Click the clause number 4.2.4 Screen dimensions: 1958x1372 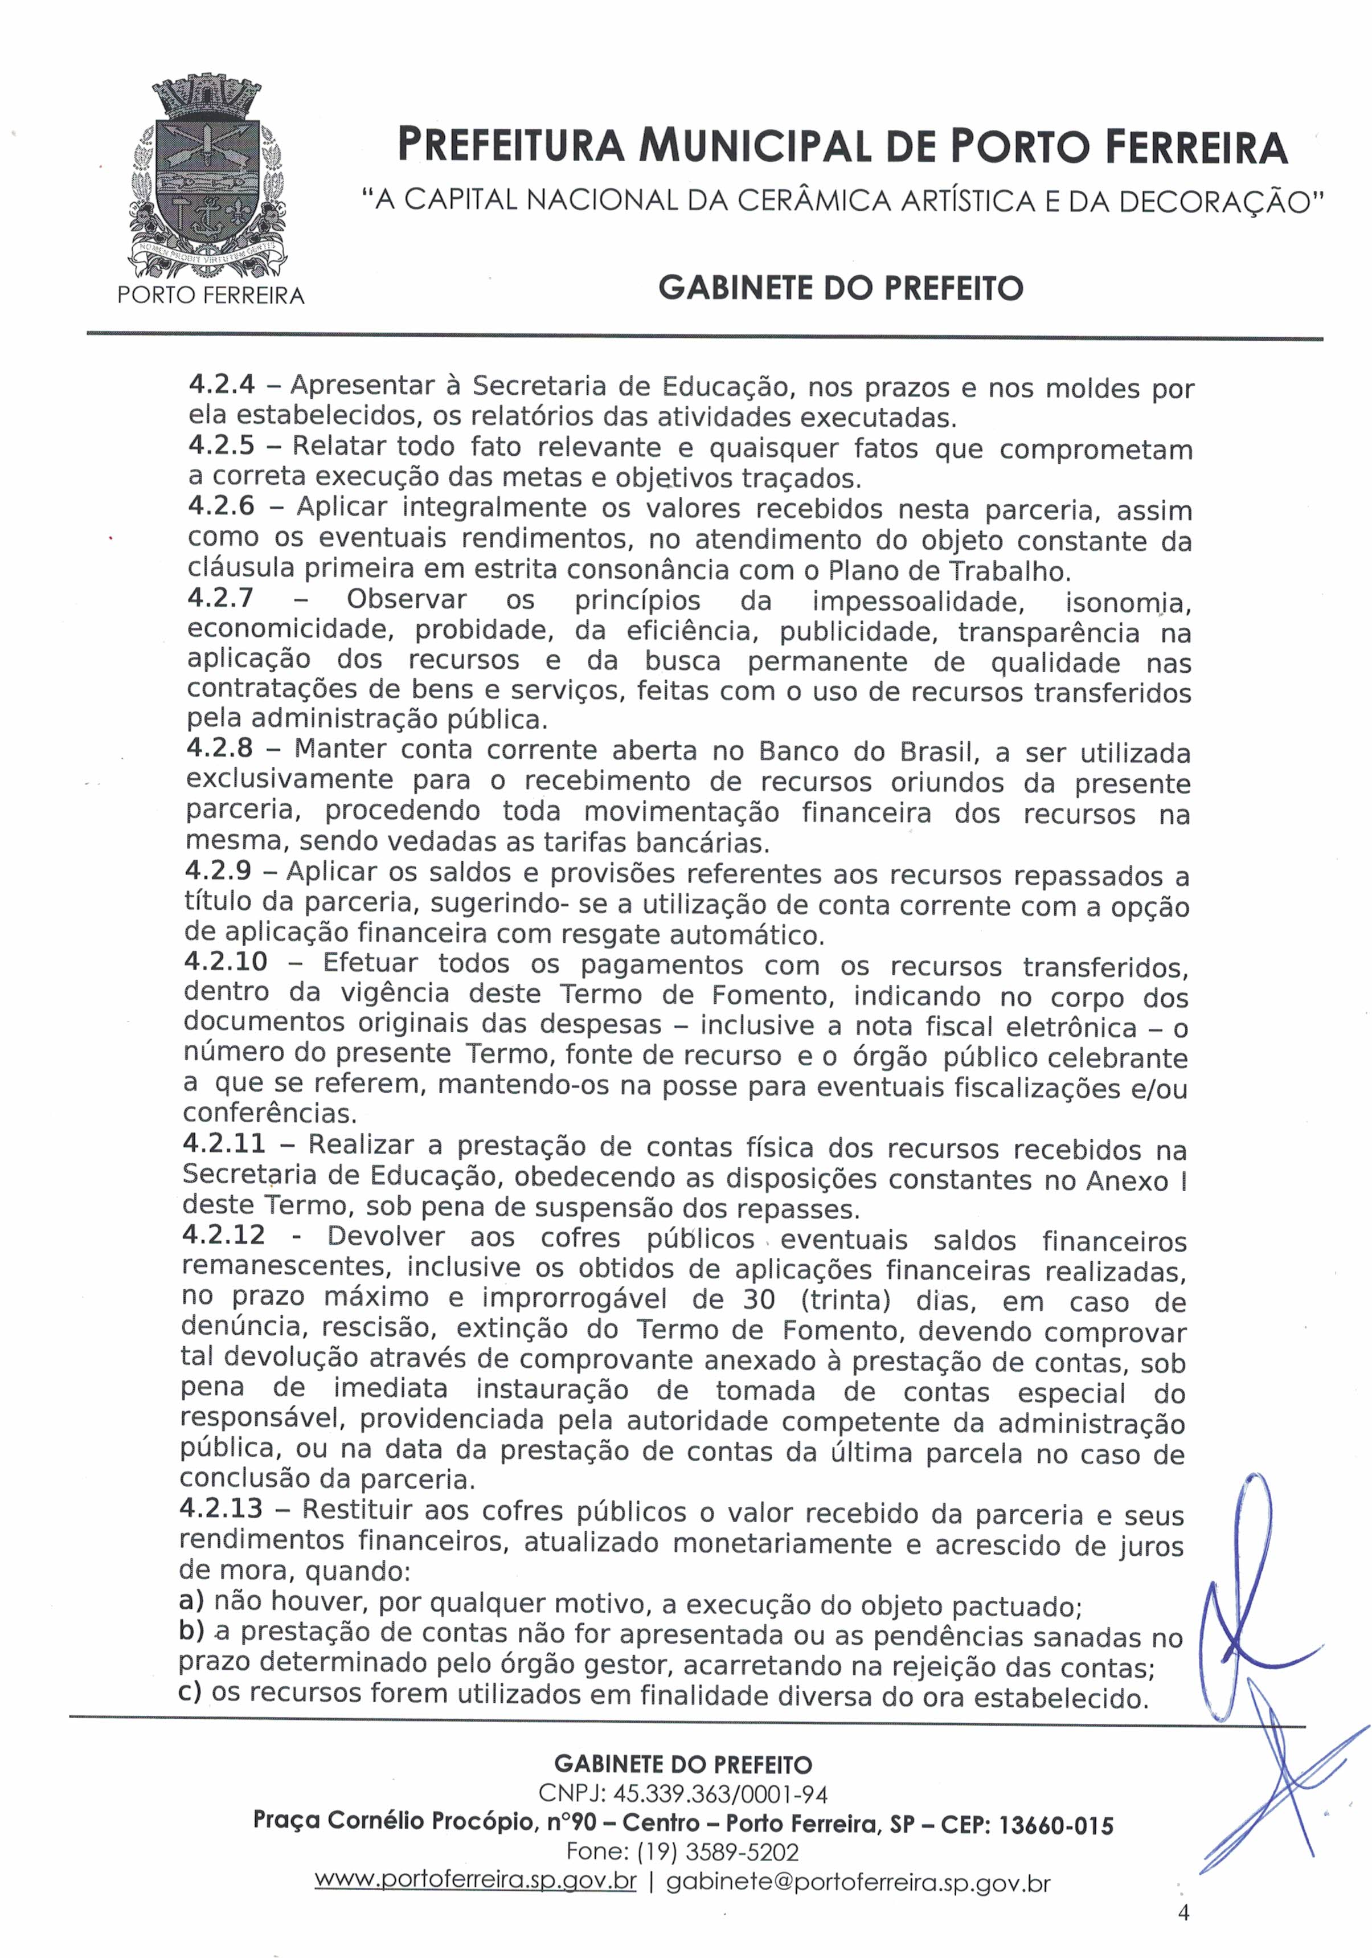point(222,385)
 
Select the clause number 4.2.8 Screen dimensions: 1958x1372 point(220,749)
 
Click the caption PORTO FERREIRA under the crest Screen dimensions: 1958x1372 point(211,295)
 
